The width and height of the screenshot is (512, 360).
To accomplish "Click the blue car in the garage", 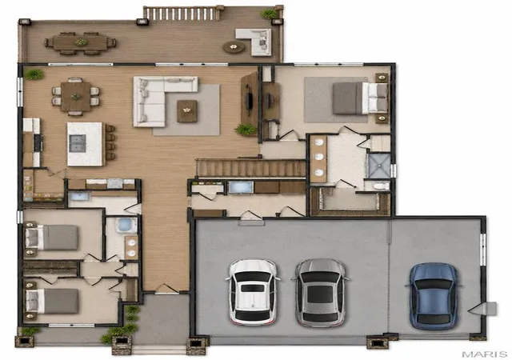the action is (x=434, y=296).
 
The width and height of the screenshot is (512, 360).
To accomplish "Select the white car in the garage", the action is (x=253, y=292).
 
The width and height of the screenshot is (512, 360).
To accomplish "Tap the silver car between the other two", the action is (x=320, y=293).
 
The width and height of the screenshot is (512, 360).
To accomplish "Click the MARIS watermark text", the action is (x=485, y=354).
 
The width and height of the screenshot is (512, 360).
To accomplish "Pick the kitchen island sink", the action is (x=78, y=143).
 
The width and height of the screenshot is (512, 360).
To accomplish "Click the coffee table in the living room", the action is (x=186, y=111).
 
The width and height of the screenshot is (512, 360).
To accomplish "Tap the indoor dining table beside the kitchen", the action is (x=76, y=97).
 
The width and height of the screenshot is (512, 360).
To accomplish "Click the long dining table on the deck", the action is (x=80, y=42).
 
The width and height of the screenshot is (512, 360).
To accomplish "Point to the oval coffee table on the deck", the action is (x=234, y=47).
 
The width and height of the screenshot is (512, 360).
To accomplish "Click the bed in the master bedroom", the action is (x=360, y=98).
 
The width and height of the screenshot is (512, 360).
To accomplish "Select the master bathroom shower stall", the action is (x=379, y=166).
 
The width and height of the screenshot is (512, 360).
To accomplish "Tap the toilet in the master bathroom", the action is (x=378, y=186).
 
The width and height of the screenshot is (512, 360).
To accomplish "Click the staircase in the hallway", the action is (x=250, y=168).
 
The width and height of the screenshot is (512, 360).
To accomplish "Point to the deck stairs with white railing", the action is (x=182, y=14).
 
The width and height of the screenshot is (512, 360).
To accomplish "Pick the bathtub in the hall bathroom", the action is (x=126, y=225).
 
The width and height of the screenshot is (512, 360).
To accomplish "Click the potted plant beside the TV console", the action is (x=246, y=130).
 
